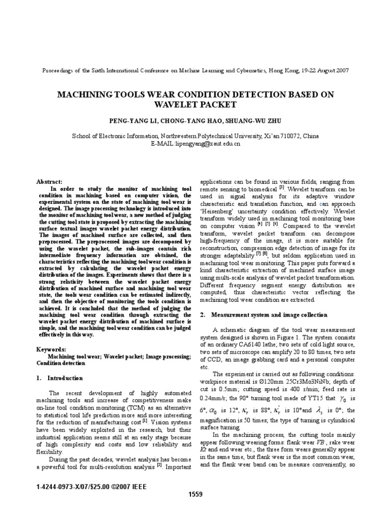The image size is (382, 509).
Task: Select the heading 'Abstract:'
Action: (x=50, y=182)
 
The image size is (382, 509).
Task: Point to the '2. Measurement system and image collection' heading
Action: (x=263, y=315)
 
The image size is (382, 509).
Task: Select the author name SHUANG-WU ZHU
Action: (x=247, y=121)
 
